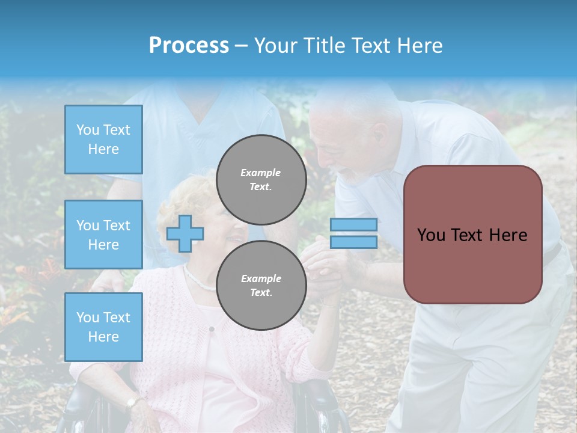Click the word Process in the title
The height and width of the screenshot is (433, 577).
[189, 46]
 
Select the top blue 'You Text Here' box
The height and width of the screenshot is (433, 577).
[103, 140]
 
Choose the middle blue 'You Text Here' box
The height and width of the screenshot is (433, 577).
[103, 235]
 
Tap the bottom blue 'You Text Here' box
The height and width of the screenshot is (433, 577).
[103, 327]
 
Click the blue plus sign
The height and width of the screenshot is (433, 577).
[185, 233]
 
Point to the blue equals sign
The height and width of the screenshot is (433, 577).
[353, 233]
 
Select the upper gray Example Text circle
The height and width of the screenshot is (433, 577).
[261, 179]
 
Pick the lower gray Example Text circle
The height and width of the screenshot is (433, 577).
[261, 285]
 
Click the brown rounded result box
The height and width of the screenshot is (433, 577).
[472, 235]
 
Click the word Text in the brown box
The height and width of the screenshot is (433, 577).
[471, 235]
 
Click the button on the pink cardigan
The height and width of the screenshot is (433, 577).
[212, 329]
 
